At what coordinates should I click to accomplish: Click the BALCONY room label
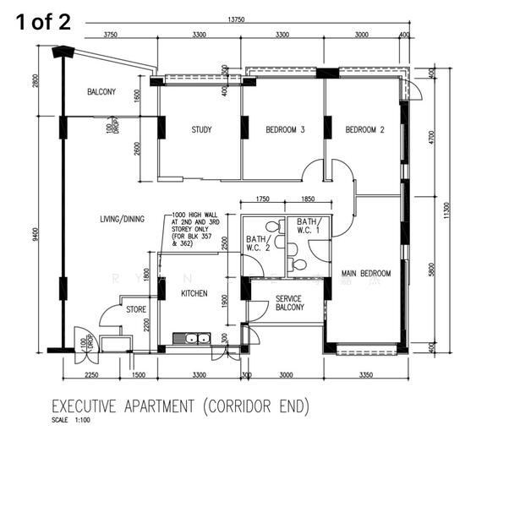(x=101, y=92)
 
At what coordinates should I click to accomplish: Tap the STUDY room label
(x=201, y=130)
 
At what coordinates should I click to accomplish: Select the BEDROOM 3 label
(x=285, y=130)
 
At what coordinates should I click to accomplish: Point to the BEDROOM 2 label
(x=364, y=130)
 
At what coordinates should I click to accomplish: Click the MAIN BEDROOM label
(x=366, y=274)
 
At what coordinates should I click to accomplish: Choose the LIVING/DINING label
(x=122, y=219)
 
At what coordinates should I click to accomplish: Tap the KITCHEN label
(x=194, y=293)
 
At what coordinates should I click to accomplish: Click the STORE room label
(x=136, y=310)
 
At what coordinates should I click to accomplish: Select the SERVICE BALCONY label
(x=290, y=303)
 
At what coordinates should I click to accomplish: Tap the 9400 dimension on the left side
(x=37, y=234)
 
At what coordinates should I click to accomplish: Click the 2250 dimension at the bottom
(x=92, y=375)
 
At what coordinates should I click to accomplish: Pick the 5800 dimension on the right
(x=431, y=270)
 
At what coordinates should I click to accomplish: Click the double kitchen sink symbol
(x=192, y=339)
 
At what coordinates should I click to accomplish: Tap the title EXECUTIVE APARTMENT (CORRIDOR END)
(x=180, y=407)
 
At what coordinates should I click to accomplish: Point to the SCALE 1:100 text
(x=71, y=421)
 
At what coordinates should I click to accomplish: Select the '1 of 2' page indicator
(x=42, y=22)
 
